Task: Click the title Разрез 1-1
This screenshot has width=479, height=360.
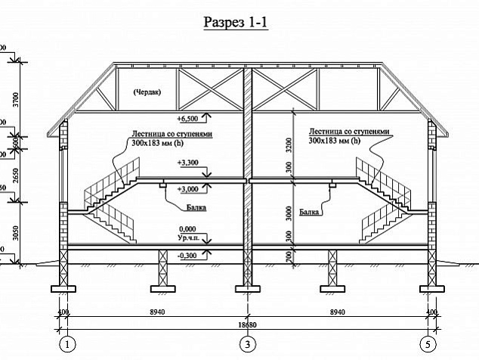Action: point(236,22)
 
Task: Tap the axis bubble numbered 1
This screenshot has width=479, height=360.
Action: point(69,344)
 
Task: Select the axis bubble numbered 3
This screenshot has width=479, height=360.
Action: point(247,344)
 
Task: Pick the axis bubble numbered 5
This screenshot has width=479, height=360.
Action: point(429,344)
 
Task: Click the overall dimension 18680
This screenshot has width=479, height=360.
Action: point(247,324)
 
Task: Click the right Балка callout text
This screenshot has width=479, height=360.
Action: point(307,213)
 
